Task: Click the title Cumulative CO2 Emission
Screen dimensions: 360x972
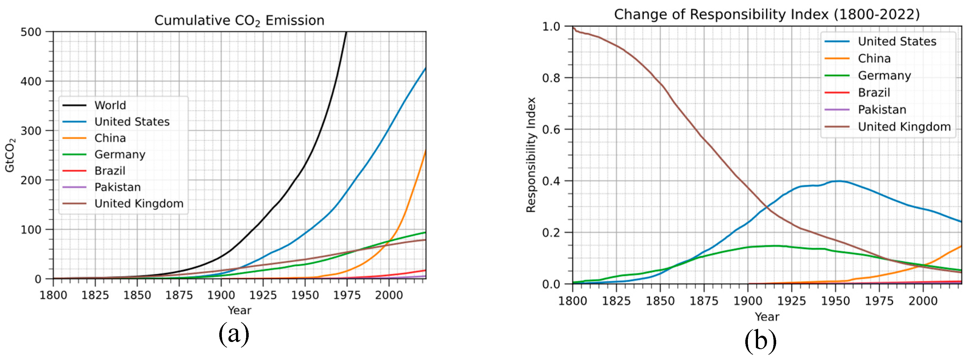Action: (239, 20)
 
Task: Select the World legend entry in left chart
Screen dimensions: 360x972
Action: (110, 105)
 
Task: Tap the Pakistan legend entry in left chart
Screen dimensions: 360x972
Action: (117, 187)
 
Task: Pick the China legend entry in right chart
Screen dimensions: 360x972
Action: (874, 59)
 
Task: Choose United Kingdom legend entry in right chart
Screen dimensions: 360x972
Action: (904, 127)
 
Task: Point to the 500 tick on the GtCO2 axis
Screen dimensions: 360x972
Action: (31, 32)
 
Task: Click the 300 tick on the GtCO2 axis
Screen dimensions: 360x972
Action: (31, 131)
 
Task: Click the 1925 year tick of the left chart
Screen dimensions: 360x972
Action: (263, 295)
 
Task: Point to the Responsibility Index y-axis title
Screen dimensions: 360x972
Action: (531, 155)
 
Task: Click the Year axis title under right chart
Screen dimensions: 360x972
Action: (767, 317)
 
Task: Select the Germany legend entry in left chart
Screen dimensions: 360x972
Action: (119, 154)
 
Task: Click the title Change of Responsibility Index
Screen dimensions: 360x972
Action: (767, 15)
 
